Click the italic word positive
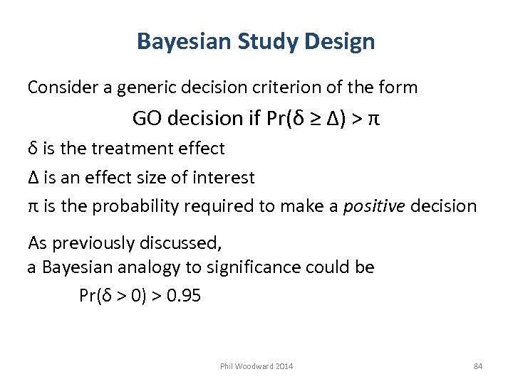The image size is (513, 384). click(x=370, y=206)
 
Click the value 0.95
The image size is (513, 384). click(x=183, y=296)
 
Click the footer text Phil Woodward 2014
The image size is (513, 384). click(x=256, y=366)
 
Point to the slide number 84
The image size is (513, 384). click(x=478, y=366)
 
